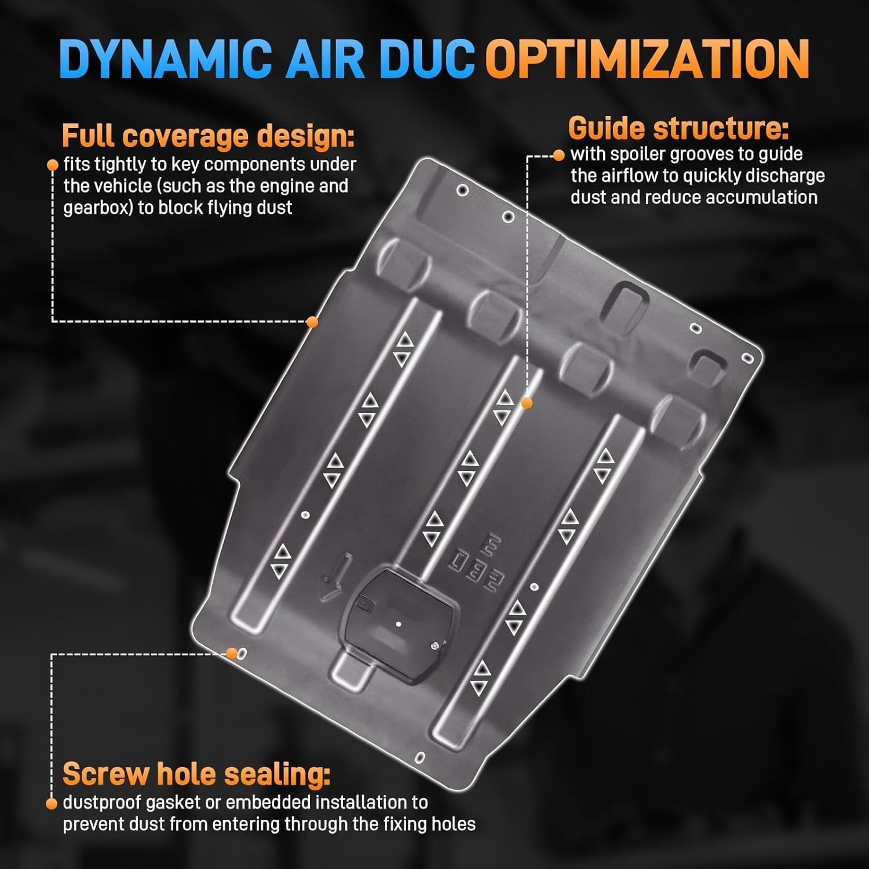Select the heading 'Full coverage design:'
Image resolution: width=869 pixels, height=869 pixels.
tap(209, 137)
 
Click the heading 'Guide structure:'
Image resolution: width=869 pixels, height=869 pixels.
tap(678, 129)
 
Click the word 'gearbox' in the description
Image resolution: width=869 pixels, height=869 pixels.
tap(98, 208)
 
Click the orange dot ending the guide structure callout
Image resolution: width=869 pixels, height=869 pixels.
tap(527, 403)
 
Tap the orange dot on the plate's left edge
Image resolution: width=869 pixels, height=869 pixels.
tap(312, 322)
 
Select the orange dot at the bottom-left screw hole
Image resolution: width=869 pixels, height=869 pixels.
tap(232, 653)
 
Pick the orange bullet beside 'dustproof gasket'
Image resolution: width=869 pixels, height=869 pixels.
tap(52, 804)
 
